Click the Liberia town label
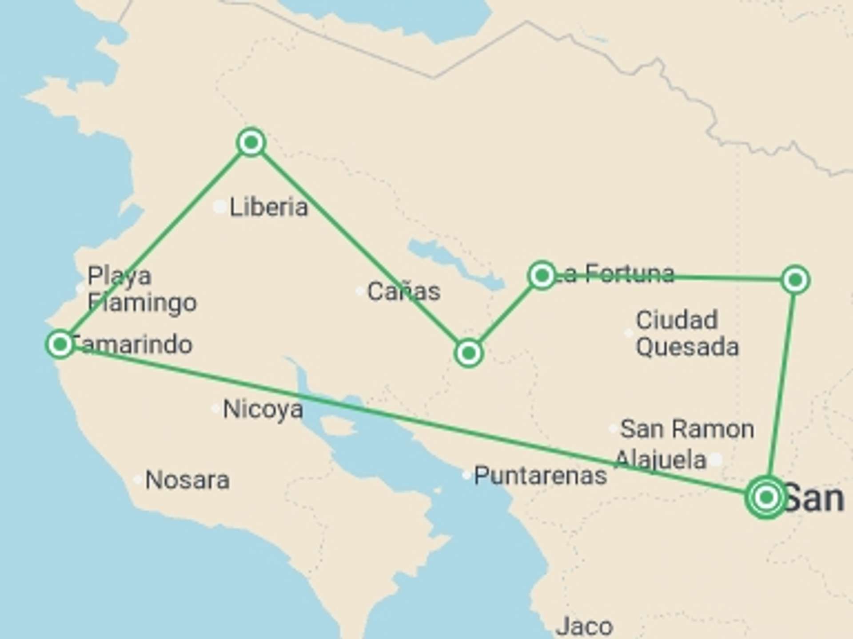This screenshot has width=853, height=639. pos(268,207)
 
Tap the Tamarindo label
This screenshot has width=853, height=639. pos(132,345)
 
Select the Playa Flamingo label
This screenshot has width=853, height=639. pos(142,289)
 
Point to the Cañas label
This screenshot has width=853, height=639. pos(404,292)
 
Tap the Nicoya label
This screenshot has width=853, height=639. pos(263,409)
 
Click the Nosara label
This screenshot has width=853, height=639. pos(187,480)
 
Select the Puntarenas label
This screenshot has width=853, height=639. pos(540,476)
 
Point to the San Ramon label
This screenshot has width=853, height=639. pos(687,429)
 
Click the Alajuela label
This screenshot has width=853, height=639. pos(661,460)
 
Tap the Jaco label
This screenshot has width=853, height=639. pos(584,626)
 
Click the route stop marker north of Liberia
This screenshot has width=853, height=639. pos(251,142)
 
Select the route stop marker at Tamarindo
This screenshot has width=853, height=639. pos(60,344)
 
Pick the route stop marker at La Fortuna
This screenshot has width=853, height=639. pos(542,276)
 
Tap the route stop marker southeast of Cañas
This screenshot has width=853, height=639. pos(468,353)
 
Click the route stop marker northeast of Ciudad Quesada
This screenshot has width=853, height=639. pos(795,280)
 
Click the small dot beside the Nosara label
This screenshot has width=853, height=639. pos(138,480)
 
